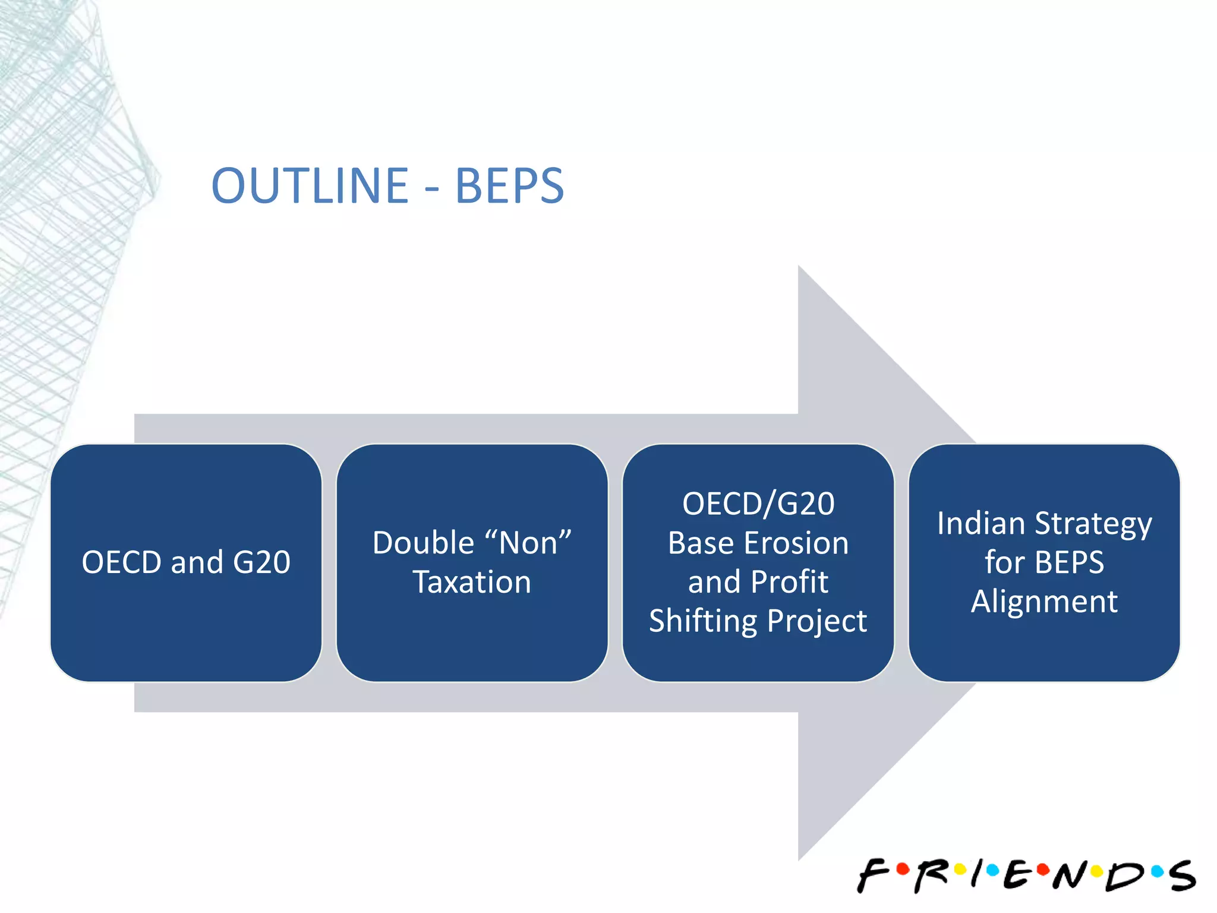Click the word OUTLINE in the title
(310, 186)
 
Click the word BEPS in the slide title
(509, 186)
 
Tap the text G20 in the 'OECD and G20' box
(261, 562)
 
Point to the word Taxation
(472, 582)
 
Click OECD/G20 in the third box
(758, 504)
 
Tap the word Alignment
(1044, 602)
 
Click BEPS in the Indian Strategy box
(1069, 562)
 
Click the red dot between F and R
(903, 870)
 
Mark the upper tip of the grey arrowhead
(799, 267)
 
